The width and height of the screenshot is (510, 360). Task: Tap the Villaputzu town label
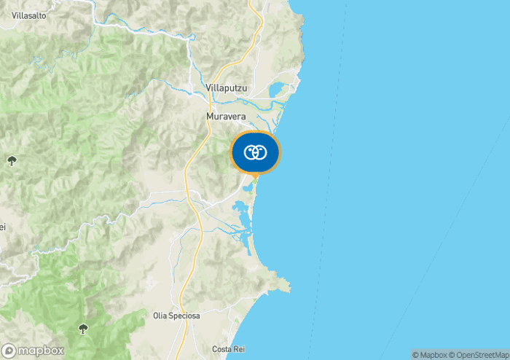tap(228, 88)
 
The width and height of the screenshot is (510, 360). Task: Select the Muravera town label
tap(226, 117)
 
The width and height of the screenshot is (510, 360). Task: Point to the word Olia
tap(160, 316)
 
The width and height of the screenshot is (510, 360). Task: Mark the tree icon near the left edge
tap(11, 160)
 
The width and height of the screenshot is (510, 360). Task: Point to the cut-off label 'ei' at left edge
tap(3, 227)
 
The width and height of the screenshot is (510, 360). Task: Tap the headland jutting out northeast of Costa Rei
tap(286, 285)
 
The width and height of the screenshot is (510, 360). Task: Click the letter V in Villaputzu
tap(209, 88)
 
